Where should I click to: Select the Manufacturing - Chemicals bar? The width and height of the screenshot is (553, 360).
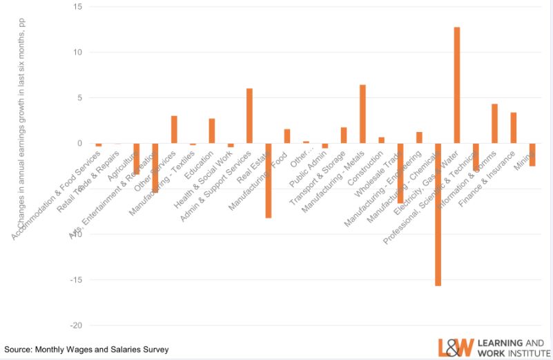click(438, 214)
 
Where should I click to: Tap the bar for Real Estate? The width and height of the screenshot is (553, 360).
click(268, 180)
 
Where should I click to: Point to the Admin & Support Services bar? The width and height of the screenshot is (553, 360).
click(249, 116)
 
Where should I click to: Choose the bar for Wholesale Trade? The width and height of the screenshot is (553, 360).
click(400, 173)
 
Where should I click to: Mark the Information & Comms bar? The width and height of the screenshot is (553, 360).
click(494, 124)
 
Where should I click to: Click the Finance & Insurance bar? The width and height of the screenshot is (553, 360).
click(513, 128)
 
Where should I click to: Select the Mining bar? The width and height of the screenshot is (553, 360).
click(532, 155)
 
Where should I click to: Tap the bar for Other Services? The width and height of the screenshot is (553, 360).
click(174, 130)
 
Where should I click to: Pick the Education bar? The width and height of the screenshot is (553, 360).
click(212, 131)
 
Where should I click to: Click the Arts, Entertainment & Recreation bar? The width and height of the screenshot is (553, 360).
click(155, 168)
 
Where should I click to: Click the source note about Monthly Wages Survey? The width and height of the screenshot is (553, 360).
click(86, 350)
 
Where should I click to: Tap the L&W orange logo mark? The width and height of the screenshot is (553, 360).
click(456, 348)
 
